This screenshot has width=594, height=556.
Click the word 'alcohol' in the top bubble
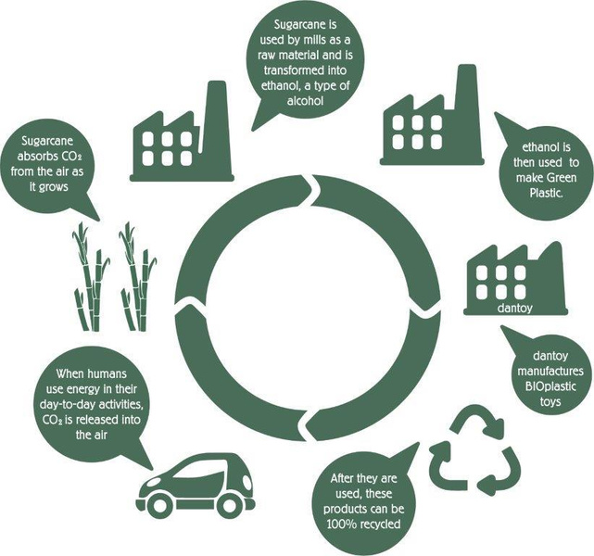(305, 101)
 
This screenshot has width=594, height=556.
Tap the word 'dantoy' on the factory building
(514, 308)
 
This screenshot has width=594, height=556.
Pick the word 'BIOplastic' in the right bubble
(550, 386)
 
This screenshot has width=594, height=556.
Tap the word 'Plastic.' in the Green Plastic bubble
(546, 193)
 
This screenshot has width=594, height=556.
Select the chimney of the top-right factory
(467, 110)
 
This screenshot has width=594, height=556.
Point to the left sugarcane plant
(91, 277)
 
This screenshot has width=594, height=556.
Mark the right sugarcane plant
(138, 277)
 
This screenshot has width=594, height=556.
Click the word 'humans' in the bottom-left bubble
(107, 373)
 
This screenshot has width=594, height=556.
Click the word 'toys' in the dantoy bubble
(550, 401)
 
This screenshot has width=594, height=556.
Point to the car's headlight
(152, 484)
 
